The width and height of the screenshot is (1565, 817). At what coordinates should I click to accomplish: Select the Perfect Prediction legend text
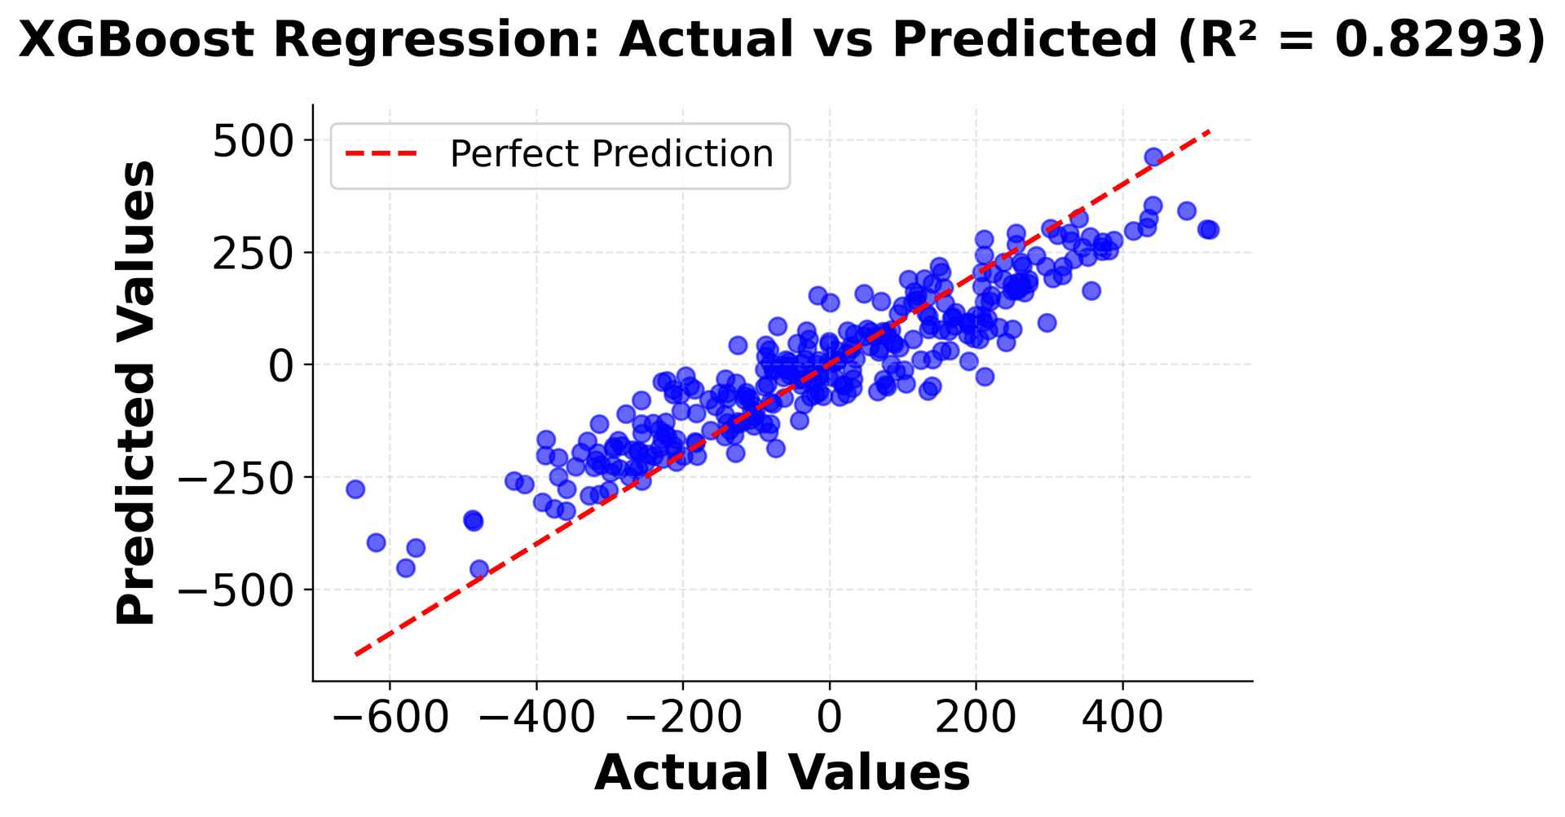pyautogui.click(x=611, y=154)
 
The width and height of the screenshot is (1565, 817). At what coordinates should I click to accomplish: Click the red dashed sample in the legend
pyautogui.click(x=381, y=154)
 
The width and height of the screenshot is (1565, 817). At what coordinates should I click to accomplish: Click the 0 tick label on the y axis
pyautogui.click(x=280, y=366)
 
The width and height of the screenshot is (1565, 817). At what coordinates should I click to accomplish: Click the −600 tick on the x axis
pyautogui.click(x=389, y=719)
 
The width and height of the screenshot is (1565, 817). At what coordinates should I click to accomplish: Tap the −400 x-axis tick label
pyautogui.click(x=536, y=719)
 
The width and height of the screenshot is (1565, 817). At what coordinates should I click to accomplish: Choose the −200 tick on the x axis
pyautogui.click(x=682, y=719)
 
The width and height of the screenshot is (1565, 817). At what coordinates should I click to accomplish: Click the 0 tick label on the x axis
pyautogui.click(x=829, y=719)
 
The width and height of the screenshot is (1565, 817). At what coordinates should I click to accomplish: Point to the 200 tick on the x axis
pyautogui.click(x=976, y=719)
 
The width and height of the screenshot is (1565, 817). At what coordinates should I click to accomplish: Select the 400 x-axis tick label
pyautogui.click(x=1122, y=719)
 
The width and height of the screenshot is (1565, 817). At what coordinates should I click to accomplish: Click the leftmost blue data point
pyautogui.click(x=355, y=489)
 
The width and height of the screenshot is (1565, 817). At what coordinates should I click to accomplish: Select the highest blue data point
pyautogui.click(x=1153, y=157)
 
